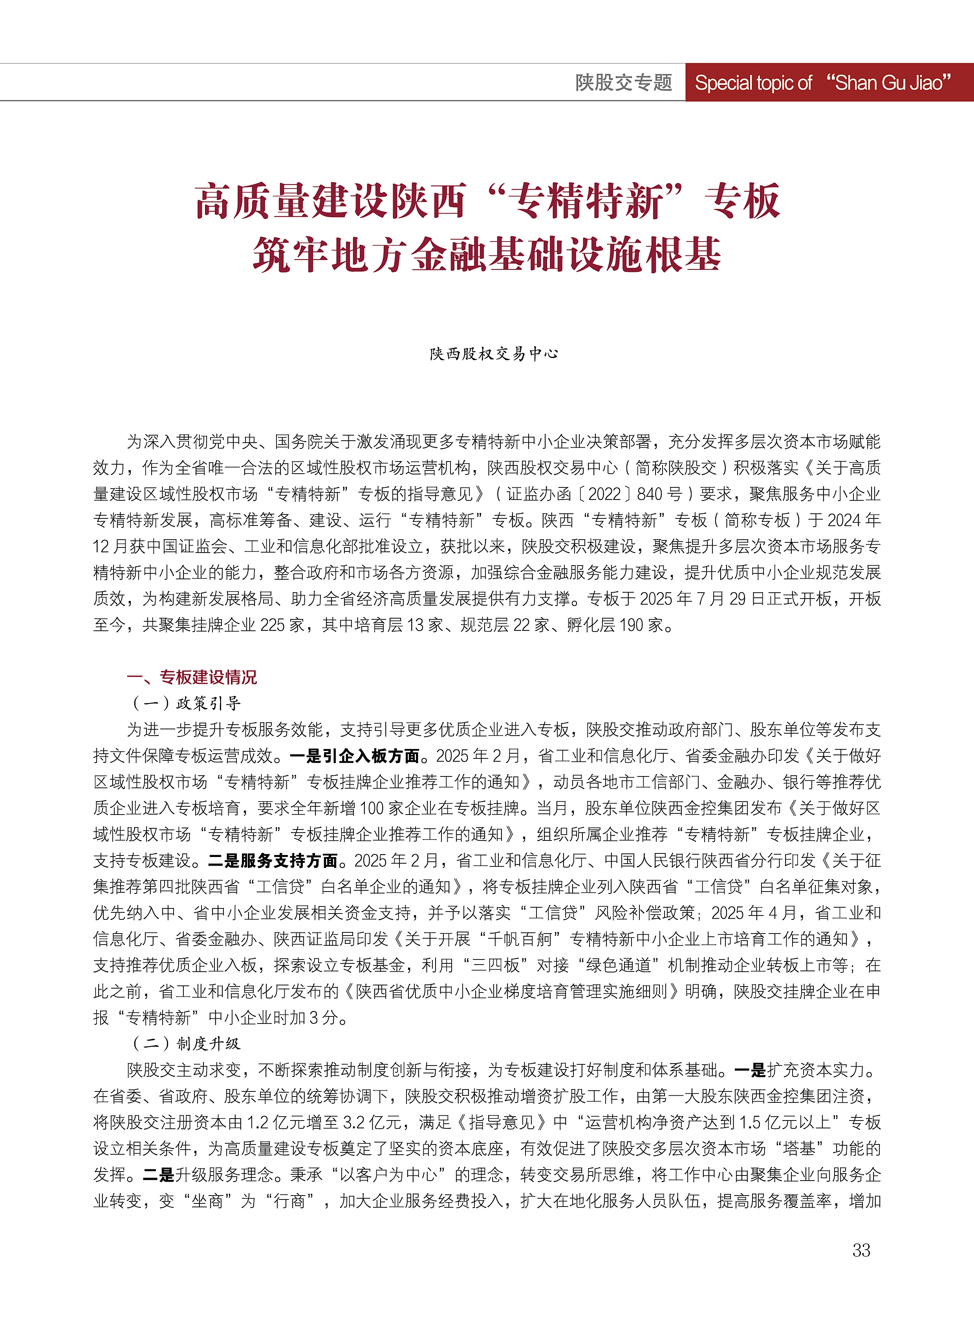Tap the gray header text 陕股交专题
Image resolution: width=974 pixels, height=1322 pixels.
pos(623,82)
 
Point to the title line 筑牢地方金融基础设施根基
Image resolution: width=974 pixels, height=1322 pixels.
pos(487,255)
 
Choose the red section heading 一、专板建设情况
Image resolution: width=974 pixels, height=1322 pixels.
pos(192,677)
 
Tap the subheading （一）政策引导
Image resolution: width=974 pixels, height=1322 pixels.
pos(186,703)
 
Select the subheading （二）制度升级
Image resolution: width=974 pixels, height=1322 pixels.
pos(186,1044)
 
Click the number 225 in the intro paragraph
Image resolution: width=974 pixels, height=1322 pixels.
pos(273,625)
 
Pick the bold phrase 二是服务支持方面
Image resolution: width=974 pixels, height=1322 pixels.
pos(273,861)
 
